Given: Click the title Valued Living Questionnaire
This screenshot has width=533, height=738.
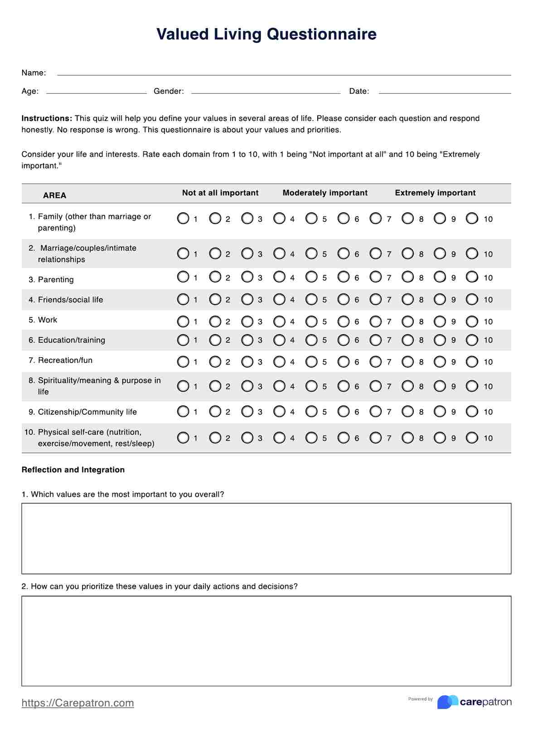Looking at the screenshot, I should tap(266, 34).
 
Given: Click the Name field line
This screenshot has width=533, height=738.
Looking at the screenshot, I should tap(284, 74).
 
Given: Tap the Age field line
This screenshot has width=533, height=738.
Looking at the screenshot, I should tap(97, 92).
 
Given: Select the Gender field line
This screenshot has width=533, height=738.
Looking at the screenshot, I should tap(266, 92).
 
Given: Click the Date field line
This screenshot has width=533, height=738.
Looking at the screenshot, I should tap(445, 92).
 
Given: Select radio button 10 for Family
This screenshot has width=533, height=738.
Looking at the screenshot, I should tap(472, 219).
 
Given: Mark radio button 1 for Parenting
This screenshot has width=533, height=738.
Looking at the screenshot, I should tap(183, 277).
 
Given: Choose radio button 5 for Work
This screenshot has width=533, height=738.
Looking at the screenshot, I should tap(311, 321).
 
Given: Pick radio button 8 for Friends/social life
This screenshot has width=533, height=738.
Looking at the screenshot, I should tap(408, 299).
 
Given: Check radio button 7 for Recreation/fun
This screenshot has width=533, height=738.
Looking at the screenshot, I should tap(376, 362).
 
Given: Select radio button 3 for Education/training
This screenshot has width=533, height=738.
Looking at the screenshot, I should tap(247, 340).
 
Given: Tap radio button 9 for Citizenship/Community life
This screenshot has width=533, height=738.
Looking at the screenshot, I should tap(440, 412).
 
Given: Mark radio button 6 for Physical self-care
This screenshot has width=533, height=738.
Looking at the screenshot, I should tap(344, 438).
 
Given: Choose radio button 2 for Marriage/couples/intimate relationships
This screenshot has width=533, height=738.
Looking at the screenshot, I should tap(215, 254).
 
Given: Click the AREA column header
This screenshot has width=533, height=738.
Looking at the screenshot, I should tap(54, 195).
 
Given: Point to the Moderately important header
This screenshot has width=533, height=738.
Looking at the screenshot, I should tap(325, 193).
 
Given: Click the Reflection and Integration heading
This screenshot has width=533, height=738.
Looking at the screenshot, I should tap(73, 470).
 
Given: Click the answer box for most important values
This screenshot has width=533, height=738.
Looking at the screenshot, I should tap(266, 538).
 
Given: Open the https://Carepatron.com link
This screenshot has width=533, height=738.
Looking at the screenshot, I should tap(78, 703).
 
